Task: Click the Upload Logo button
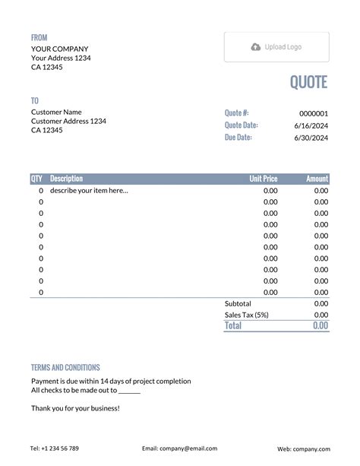point(276,47)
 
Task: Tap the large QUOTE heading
point(308,82)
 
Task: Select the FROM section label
point(39,37)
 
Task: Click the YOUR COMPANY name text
point(59,49)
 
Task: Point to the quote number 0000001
point(313,113)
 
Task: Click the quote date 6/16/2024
point(311,125)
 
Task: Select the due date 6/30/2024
point(311,138)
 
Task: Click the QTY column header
point(36,179)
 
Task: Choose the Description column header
point(66,179)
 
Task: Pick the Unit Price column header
point(264,179)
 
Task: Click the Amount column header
point(317,179)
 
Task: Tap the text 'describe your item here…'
point(89,191)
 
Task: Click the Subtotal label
point(238,303)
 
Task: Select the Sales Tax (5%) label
point(247,315)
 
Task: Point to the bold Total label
point(233,325)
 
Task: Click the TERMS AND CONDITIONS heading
point(65,367)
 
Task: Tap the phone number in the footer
point(55,449)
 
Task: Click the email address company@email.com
point(179,449)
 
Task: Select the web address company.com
point(303,449)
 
